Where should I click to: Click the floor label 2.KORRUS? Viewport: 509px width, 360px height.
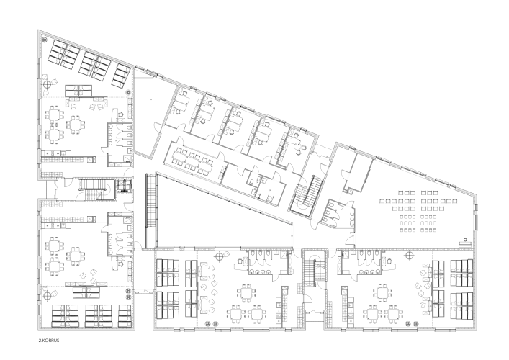(49, 341)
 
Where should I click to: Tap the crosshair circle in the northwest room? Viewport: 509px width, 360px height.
(48, 85)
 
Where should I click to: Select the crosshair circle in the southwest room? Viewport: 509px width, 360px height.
(48, 295)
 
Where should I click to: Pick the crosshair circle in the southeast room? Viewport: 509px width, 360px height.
(410, 256)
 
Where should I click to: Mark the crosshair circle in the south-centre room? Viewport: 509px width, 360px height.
(220, 256)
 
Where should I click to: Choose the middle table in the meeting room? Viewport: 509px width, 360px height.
(193, 160)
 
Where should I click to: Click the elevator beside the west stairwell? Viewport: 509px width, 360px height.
(125, 186)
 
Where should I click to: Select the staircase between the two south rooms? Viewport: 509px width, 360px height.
(314, 267)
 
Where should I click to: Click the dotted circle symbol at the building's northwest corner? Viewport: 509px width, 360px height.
(45, 40)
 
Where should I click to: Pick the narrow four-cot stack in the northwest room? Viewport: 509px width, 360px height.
(122, 76)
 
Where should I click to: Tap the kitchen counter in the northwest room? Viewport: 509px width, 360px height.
(68, 159)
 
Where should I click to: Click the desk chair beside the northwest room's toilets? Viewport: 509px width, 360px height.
(121, 114)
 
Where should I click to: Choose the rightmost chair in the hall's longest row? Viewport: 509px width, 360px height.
(456, 201)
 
